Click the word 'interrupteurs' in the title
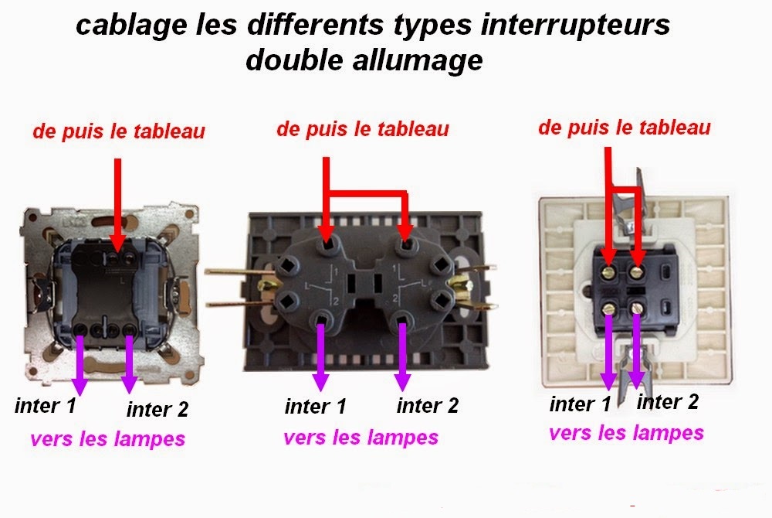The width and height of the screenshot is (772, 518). [x=574, y=26]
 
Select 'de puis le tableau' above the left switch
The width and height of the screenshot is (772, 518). [x=119, y=131]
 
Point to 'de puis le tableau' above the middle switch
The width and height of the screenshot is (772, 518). [x=363, y=128]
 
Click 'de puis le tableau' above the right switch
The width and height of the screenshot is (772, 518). [x=625, y=127]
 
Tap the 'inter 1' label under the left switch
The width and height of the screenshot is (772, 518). [x=46, y=406]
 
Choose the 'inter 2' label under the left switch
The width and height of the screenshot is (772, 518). [x=157, y=409]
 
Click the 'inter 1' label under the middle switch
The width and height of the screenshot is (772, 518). [x=315, y=406]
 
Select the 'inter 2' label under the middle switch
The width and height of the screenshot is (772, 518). [x=428, y=406]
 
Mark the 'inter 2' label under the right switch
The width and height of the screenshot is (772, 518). [x=668, y=402]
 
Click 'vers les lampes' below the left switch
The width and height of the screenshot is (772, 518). [x=107, y=438]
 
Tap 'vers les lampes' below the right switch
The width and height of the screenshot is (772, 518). [x=626, y=433]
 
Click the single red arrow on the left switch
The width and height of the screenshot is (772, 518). [x=117, y=205]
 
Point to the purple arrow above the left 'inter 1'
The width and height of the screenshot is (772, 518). [x=80, y=365]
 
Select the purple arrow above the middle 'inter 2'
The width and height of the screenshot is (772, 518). [x=402, y=356]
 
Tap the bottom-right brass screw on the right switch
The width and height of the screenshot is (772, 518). [x=637, y=308]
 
